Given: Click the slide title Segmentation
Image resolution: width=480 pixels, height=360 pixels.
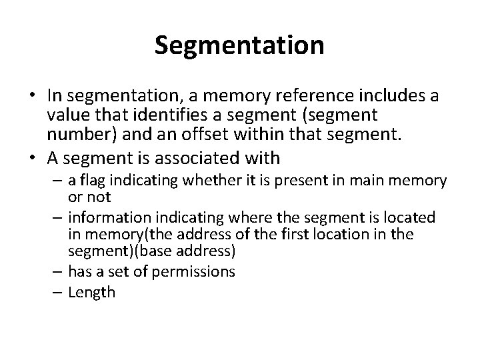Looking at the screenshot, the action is pos(239,45).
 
